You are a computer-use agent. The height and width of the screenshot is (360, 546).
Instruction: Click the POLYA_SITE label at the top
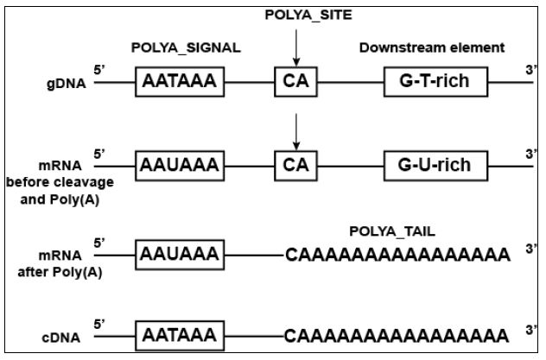(x=295, y=14)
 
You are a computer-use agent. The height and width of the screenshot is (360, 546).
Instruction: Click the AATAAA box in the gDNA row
(x=179, y=84)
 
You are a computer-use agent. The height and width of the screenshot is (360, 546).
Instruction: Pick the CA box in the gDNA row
(x=295, y=84)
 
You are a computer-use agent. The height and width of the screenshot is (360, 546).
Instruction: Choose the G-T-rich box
(x=435, y=84)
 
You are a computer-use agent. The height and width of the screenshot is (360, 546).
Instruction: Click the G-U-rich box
(x=435, y=164)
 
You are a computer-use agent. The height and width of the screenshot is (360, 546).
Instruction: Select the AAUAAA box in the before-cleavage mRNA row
(x=179, y=164)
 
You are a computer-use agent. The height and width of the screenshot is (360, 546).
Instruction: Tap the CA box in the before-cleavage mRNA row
(x=295, y=164)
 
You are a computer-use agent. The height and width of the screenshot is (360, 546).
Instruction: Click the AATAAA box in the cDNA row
(x=179, y=334)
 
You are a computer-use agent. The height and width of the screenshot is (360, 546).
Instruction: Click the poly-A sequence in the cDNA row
(x=397, y=335)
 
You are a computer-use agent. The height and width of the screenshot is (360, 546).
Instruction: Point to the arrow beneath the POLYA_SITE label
(x=295, y=45)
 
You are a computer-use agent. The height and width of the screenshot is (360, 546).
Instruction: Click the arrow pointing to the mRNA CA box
(x=295, y=130)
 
